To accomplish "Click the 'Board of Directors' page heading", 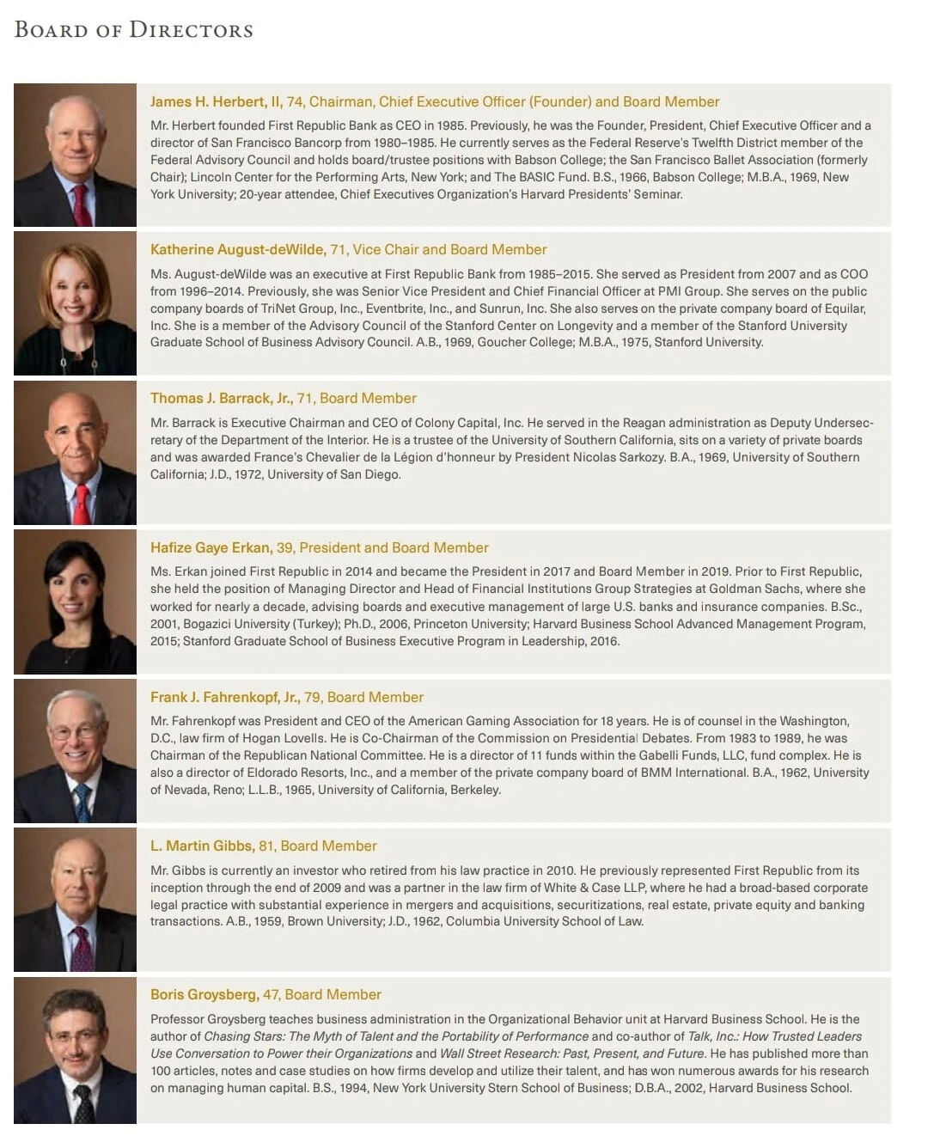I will click(134, 30).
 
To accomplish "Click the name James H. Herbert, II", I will click(216, 102).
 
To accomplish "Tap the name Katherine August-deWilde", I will click(237, 250).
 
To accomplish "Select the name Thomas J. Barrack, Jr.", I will click(221, 399).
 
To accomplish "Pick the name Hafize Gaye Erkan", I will click(211, 548).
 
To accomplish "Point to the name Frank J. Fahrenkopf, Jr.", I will click(224, 698).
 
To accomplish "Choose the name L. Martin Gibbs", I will click(202, 846).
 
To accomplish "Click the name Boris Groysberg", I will click(204, 995).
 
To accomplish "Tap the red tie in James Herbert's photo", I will click(82, 206).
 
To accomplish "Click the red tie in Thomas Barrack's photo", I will click(81, 504).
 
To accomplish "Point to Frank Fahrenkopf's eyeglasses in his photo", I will click(75, 732).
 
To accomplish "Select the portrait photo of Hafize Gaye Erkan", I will click(75, 602).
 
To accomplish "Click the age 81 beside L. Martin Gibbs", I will click(266, 846).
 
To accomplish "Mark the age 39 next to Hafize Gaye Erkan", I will click(284, 548).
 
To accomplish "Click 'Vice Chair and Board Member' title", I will click(449, 250).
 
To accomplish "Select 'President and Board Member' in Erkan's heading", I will click(394, 548).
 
